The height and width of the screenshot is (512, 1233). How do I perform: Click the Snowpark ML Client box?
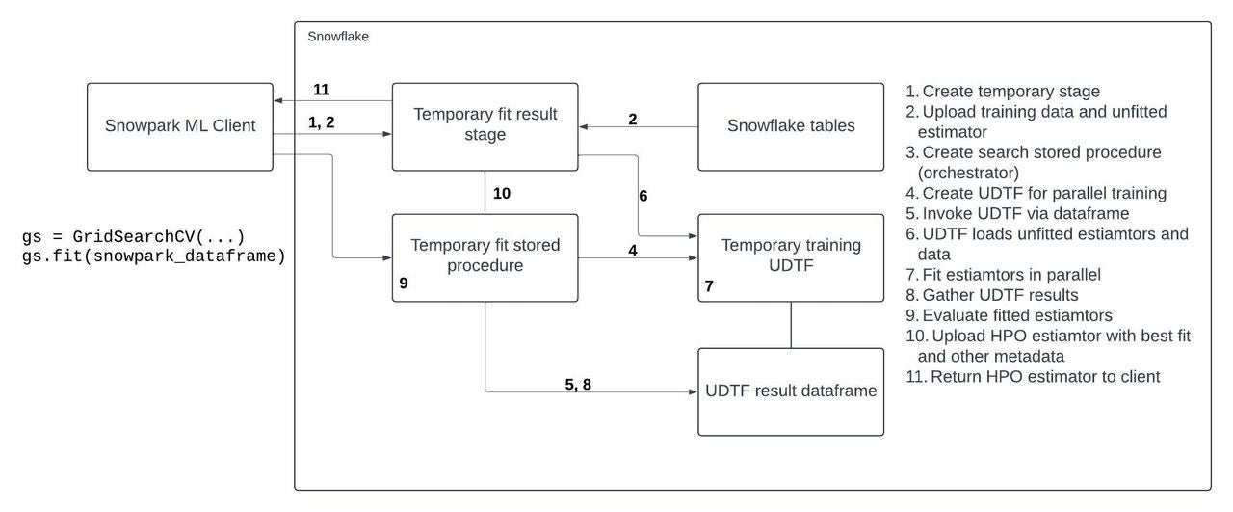[179, 125]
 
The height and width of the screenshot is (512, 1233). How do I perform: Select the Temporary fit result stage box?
[485, 125]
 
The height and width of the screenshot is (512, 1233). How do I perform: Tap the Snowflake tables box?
[790, 125]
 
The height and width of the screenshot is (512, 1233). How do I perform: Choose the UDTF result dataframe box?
[790, 391]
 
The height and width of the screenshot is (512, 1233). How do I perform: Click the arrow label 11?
[322, 90]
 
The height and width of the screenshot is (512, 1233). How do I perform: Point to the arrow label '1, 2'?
[321, 122]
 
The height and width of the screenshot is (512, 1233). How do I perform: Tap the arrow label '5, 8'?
[578, 383]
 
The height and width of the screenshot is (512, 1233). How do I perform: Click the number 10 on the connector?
[501, 194]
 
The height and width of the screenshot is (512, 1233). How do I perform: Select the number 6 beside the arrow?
[643, 196]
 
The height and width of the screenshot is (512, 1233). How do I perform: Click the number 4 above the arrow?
[632, 250]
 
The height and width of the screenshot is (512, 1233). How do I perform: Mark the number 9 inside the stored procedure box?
[404, 285]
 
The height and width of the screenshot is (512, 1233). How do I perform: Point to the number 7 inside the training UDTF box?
[709, 286]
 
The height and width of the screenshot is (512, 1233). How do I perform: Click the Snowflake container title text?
[337, 37]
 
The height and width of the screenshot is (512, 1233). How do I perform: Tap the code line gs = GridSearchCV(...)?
[133, 238]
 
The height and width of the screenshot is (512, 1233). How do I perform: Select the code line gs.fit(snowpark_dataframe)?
[153, 257]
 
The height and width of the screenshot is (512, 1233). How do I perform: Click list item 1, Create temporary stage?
[1002, 92]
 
